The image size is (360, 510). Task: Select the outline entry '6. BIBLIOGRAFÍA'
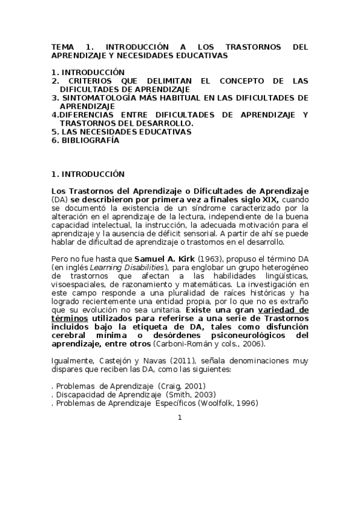pyautogui.click(x=85, y=140)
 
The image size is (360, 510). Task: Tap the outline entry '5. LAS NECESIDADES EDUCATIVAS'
pyautogui.click(x=121, y=131)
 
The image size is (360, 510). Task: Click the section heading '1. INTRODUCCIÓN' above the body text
pyautogui.click(x=88, y=174)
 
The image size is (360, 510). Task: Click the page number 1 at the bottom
pyautogui.click(x=179, y=417)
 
